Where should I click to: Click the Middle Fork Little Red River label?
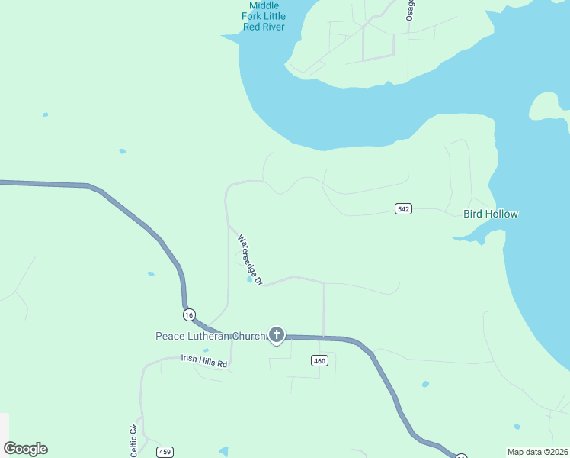tap(264, 15)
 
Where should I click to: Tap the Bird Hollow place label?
tap(491, 214)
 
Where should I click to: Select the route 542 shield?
tap(404, 208)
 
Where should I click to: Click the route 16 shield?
tap(189, 314)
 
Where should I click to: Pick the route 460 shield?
tap(320, 361)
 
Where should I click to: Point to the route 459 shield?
tap(165, 452)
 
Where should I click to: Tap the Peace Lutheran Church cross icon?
tap(276, 335)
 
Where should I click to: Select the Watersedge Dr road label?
tap(250, 260)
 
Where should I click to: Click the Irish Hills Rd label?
tap(204, 361)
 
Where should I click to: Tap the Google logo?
tap(25, 449)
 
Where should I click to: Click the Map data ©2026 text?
tap(536, 452)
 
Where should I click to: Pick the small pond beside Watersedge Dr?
tap(249, 279)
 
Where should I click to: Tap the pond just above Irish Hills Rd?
tap(205, 350)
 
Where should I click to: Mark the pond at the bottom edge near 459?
tap(223, 452)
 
